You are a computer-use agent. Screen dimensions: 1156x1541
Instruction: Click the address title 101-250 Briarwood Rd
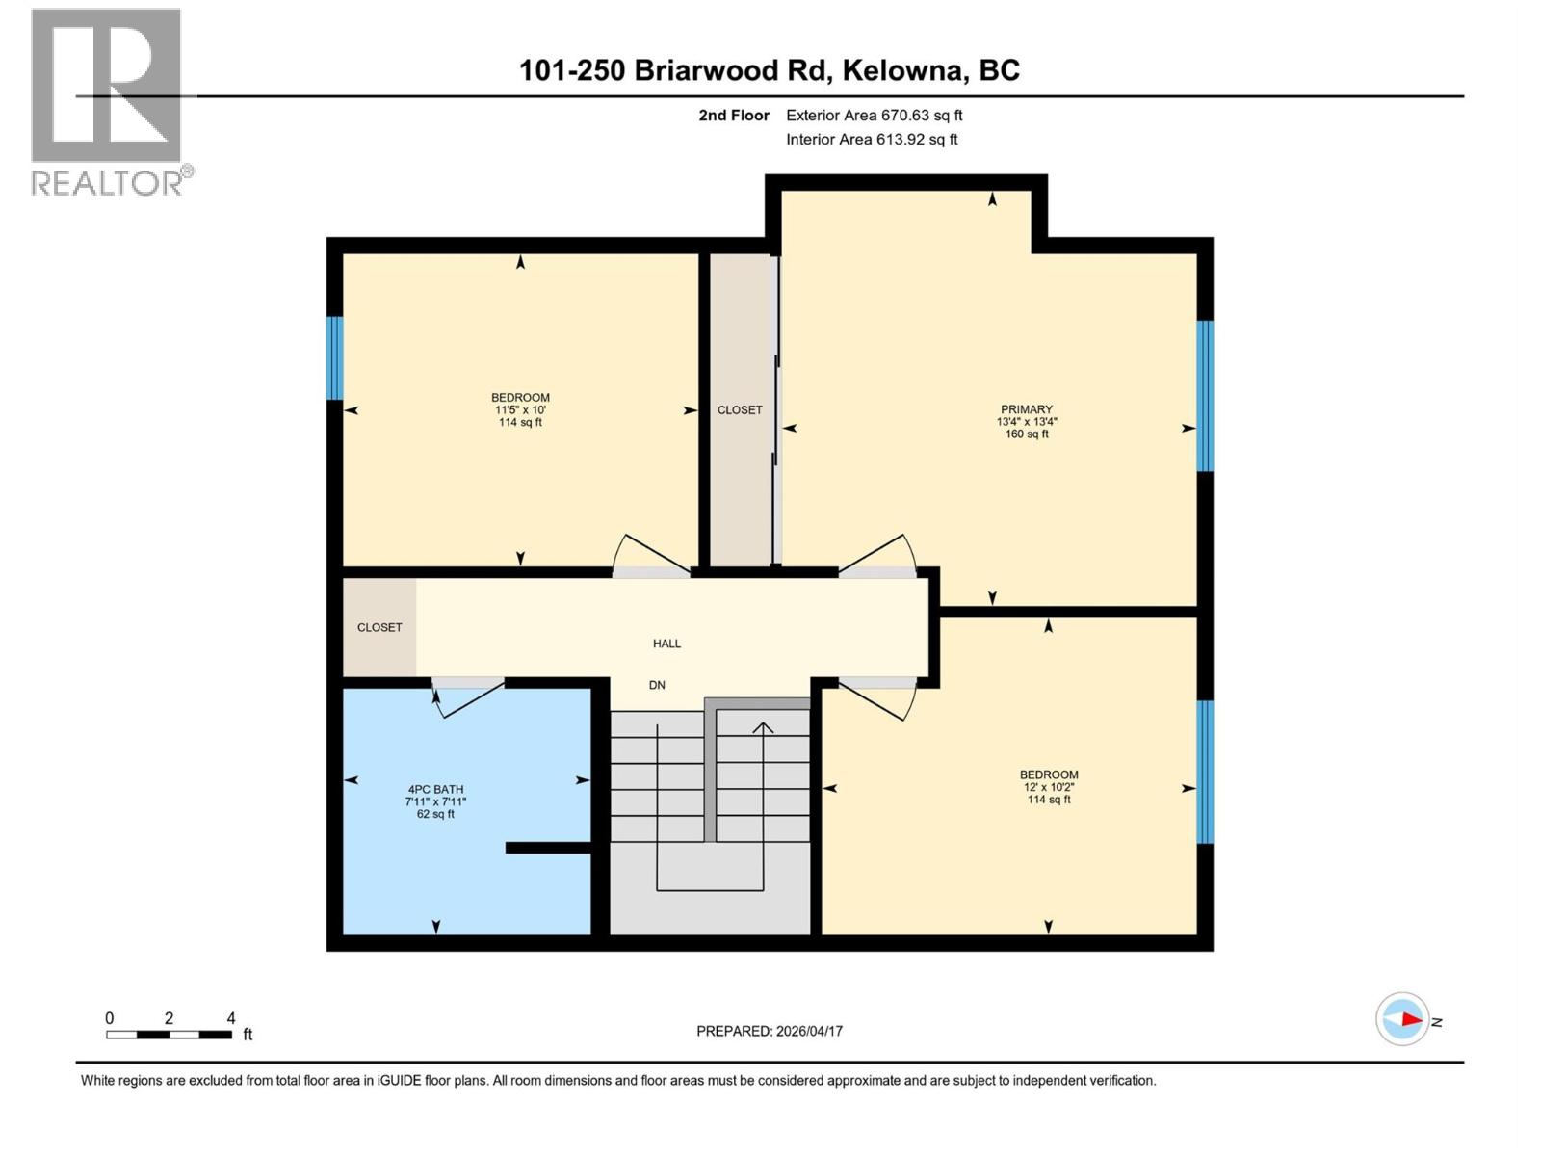coord(769,70)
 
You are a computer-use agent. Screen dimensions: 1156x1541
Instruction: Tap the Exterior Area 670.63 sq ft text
coord(874,115)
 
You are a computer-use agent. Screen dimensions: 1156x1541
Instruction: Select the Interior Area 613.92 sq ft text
coord(872,139)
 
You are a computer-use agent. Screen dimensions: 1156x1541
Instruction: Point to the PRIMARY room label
coord(1026,409)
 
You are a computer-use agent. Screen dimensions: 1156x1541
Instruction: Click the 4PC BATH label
coord(435,789)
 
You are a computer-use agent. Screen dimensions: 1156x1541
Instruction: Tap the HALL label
coord(666,644)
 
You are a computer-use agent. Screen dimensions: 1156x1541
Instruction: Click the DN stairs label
coord(657,685)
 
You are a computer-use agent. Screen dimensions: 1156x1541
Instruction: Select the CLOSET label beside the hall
coord(379,627)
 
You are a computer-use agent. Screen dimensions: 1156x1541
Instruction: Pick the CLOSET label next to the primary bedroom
coord(740,410)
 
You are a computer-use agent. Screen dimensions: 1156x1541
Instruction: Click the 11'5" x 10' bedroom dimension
coord(520,409)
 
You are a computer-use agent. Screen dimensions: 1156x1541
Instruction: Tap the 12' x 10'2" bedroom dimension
coord(1049,787)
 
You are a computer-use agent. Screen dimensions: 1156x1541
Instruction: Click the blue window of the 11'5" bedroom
coord(334,357)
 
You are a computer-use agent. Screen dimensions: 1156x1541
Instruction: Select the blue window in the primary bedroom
coord(1205,395)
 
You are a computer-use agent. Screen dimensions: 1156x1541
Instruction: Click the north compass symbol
coord(1402,1019)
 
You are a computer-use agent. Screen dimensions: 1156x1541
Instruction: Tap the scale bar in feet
coord(169,1035)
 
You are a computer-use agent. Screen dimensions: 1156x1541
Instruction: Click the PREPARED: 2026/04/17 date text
coord(769,1031)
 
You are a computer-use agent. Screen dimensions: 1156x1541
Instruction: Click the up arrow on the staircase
coord(763,729)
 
